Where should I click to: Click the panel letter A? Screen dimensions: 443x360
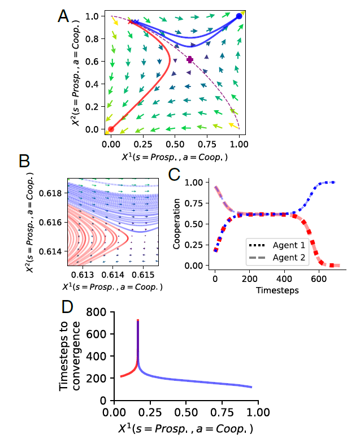[64, 15]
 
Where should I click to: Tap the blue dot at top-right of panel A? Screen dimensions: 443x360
[239, 16]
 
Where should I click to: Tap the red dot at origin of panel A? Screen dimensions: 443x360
[111, 129]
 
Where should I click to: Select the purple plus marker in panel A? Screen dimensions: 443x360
[190, 59]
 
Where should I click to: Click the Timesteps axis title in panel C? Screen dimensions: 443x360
[275, 290]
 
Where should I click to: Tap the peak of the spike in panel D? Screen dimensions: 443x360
[138, 320]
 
